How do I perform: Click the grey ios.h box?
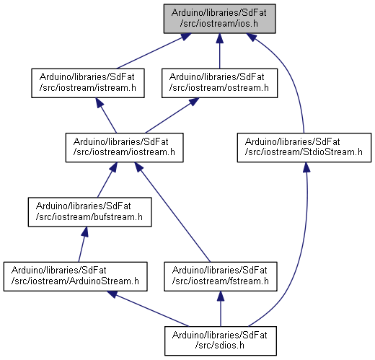[219, 19]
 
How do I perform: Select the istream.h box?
[88, 83]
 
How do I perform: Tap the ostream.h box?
[219, 83]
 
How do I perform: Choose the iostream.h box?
[125, 147]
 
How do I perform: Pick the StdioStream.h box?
[304, 147]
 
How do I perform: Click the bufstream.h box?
[89, 212]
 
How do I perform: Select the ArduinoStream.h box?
[75, 276]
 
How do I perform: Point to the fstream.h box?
[221, 276]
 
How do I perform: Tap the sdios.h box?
[221, 341]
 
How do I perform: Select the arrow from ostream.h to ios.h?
[219, 51]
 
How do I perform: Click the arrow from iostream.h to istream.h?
[106, 115]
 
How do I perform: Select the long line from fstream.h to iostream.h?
[172, 212]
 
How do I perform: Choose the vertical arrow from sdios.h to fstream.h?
[221, 309]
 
